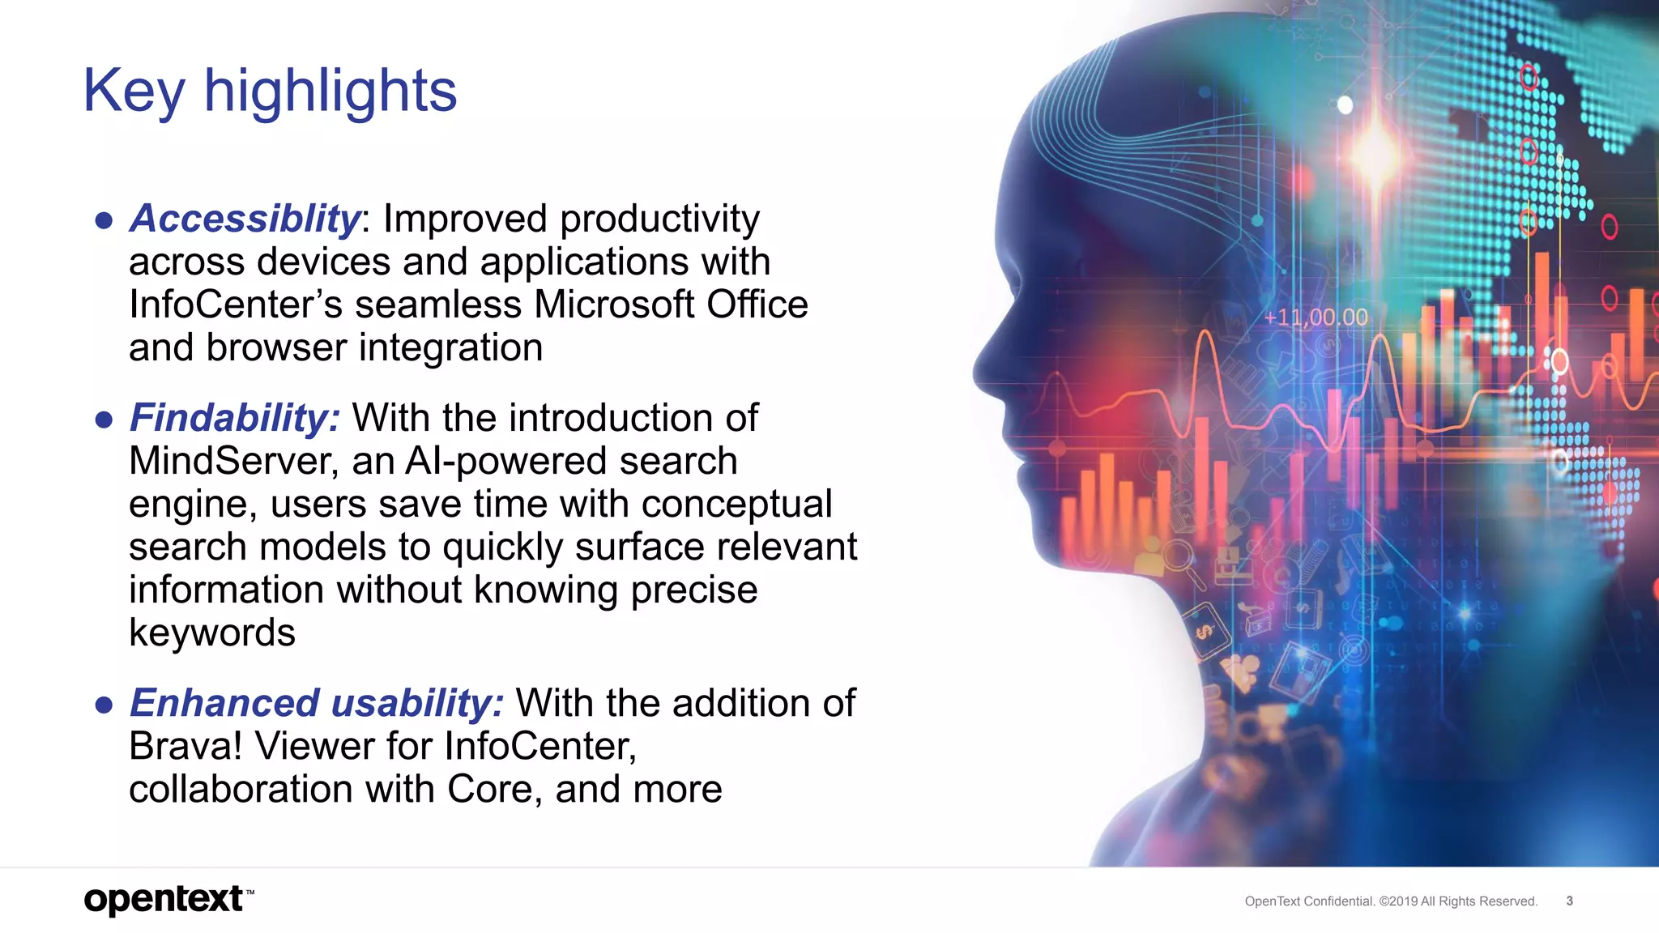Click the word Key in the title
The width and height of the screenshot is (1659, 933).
[134, 91]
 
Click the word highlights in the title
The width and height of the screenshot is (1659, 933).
[330, 91]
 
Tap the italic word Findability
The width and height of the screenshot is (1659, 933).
[234, 418]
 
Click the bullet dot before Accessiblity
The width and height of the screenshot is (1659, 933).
[104, 220]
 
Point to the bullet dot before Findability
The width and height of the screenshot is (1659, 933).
[104, 420]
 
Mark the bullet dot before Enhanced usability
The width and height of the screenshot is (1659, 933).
[104, 705]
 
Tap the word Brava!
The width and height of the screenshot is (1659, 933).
[186, 746]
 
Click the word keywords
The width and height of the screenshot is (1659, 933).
[212, 633]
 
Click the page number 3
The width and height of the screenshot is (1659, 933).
[1569, 901]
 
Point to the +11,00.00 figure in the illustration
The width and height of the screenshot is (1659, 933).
[1316, 317]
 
